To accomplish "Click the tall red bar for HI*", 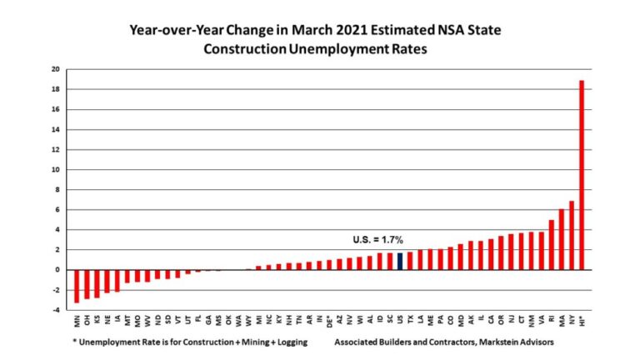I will click(x=582, y=175).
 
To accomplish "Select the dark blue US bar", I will click(x=400, y=261).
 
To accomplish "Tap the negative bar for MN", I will click(x=77, y=285).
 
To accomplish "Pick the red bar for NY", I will click(x=572, y=235).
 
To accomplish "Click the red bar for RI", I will click(x=552, y=244).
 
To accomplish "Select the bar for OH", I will click(x=87, y=283).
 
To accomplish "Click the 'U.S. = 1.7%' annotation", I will click(x=378, y=240).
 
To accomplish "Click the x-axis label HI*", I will click(x=582, y=320).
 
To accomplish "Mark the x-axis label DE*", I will click(x=329, y=320).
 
